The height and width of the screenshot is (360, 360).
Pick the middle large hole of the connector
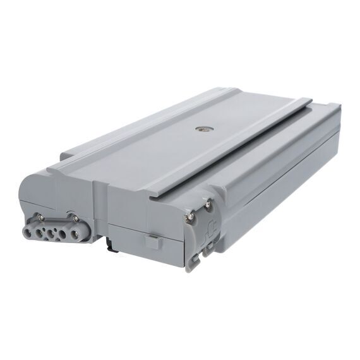(x=49, y=232)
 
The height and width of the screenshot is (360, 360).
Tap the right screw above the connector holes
(x=75, y=219)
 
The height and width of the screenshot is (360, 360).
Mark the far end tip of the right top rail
(x=311, y=100)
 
